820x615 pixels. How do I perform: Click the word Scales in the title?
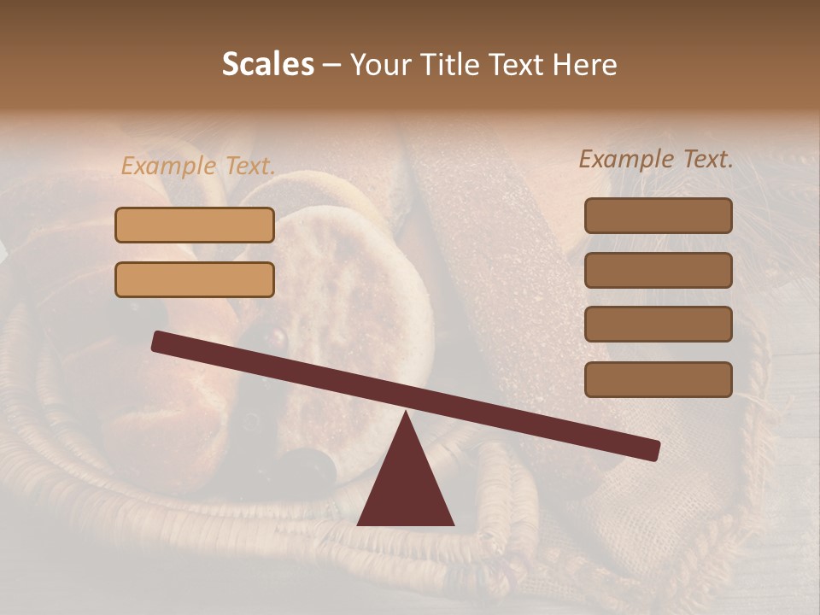[267, 64]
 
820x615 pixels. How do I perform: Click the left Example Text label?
[198, 167]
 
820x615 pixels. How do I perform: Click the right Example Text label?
[656, 159]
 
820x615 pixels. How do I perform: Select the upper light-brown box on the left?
[195, 225]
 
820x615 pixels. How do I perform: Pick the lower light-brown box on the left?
[195, 279]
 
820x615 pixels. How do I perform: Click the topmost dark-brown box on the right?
[658, 215]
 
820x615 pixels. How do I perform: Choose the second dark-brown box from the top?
[658, 270]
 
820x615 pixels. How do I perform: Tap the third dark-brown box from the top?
[658, 325]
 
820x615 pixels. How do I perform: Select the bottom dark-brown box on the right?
[658, 379]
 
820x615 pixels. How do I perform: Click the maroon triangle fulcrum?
[406, 487]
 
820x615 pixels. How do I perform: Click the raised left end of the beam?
[159, 341]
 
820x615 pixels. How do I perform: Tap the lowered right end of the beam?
[653, 450]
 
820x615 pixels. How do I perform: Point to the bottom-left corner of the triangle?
[359, 524]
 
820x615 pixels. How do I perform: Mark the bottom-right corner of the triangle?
[453, 524]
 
